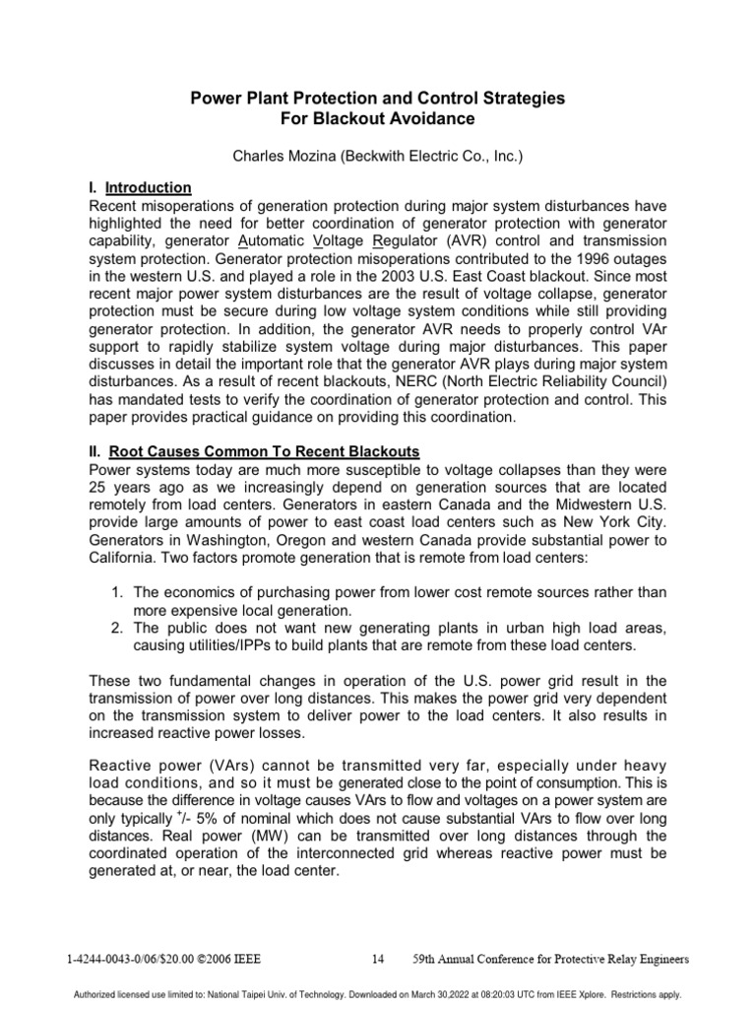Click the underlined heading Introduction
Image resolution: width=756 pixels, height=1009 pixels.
click(x=149, y=187)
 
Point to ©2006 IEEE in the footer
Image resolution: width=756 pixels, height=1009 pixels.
click(x=227, y=957)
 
